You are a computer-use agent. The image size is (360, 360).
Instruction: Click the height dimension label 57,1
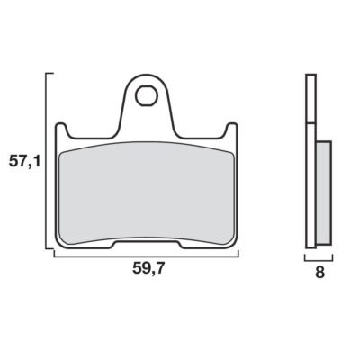click(24, 162)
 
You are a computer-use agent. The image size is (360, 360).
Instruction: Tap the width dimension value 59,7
click(148, 268)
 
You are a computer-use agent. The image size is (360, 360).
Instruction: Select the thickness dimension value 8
click(319, 273)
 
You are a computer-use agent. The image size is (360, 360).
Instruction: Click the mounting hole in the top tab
click(146, 95)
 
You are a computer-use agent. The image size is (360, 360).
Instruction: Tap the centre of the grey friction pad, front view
click(147, 193)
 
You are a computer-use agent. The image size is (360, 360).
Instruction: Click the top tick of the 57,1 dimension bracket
click(49, 73)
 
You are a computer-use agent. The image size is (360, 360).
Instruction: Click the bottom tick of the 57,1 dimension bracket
click(49, 248)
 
